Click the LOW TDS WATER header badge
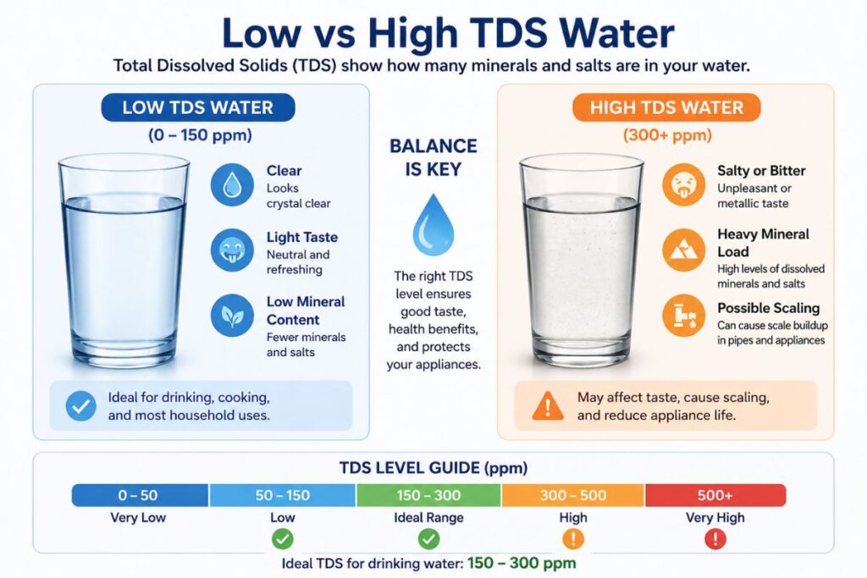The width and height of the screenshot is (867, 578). tap(197, 107)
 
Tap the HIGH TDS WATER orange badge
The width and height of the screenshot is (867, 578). tap(666, 107)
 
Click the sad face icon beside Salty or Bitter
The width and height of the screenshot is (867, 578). tap(683, 184)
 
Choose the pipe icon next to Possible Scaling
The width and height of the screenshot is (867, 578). tap(683, 315)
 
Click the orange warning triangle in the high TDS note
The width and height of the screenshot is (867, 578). tap(548, 407)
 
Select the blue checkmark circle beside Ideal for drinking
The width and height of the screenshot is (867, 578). tap(80, 407)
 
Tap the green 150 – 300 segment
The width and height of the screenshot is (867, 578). tap(428, 495)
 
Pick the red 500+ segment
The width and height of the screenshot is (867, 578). tap(715, 495)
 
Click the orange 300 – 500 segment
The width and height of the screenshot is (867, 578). tap(573, 495)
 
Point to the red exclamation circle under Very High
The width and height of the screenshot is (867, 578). tap(715, 538)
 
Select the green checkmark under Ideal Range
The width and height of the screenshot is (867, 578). tap(428, 538)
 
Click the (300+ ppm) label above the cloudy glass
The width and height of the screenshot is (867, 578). tap(666, 135)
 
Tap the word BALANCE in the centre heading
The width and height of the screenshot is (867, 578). tap(433, 146)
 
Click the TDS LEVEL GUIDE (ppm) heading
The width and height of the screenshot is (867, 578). tap(433, 467)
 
